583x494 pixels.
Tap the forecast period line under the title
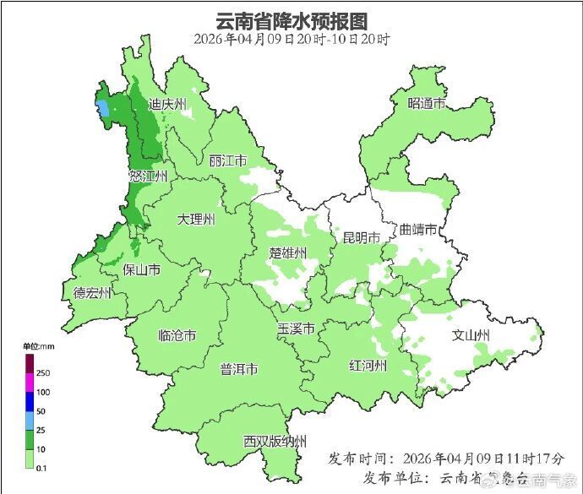coord(291,39)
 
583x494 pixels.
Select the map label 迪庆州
coord(167,105)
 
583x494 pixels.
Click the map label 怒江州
coord(148,176)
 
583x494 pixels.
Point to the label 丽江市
coord(227,160)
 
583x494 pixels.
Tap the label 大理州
coord(196,219)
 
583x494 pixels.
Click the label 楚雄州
coord(288,252)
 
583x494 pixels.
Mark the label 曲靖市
coord(418,230)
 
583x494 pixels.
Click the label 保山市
coord(142,269)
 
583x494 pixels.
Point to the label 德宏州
coord(92,293)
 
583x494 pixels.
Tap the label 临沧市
coord(177,335)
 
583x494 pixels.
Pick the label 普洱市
coord(239,369)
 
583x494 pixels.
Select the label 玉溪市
coord(297,328)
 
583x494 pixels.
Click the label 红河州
coord(368,365)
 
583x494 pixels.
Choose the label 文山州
coord(471,335)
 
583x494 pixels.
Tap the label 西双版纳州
coord(275,441)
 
